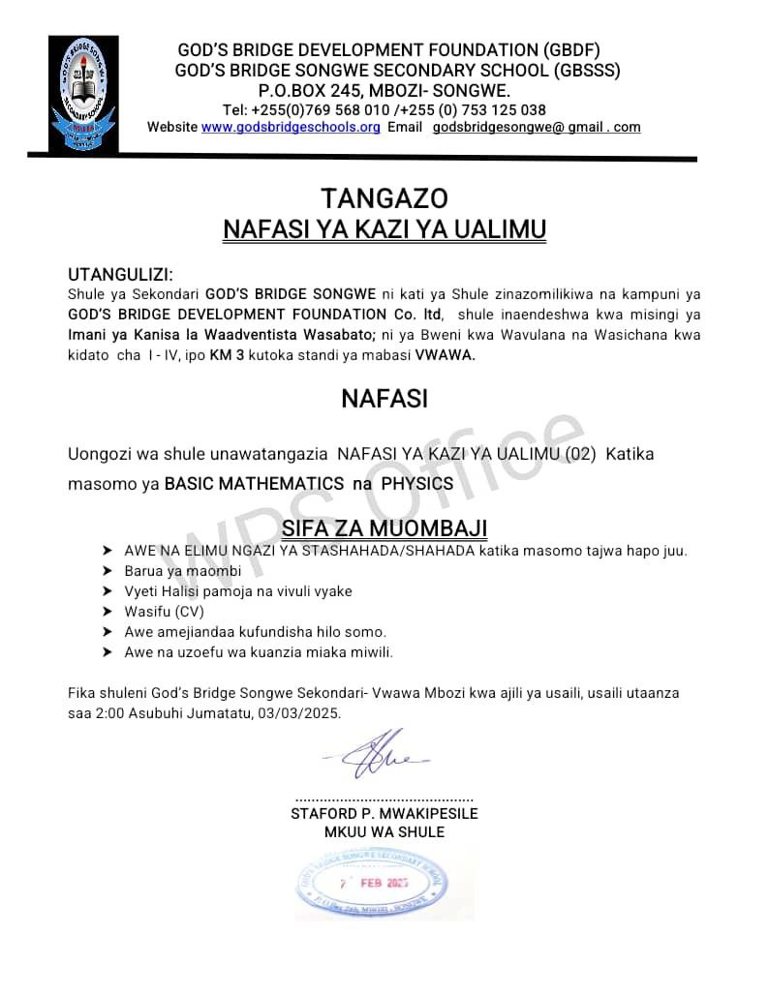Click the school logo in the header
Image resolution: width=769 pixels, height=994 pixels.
(x=83, y=94)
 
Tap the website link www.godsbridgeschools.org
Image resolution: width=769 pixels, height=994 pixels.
(x=291, y=128)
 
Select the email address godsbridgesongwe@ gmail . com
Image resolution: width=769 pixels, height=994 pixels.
(x=537, y=128)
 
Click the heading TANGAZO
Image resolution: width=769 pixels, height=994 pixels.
(x=384, y=198)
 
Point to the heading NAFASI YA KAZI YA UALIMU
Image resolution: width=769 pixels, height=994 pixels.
(x=384, y=229)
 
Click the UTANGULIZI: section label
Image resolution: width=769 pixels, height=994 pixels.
(x=120, y=276)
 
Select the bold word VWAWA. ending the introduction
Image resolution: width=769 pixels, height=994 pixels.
(x=446, y=355)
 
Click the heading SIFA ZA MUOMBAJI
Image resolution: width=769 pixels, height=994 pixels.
(x=384, y=528)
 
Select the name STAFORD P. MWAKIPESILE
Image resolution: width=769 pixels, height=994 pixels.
(x=384, y=814)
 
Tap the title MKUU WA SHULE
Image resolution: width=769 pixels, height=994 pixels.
(x=384, y=832)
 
